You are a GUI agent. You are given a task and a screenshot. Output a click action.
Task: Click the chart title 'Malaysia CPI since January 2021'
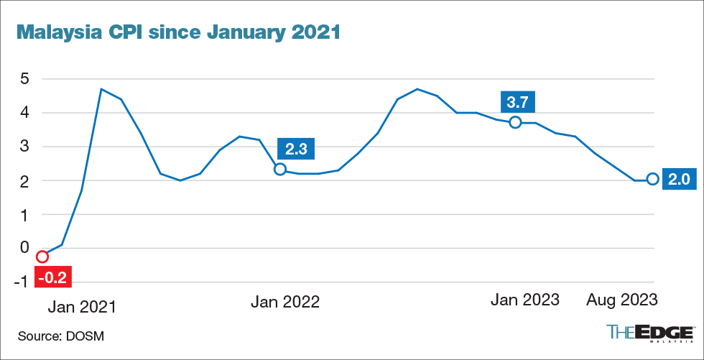pos(177,32)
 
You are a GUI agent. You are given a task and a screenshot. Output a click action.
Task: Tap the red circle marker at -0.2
pos(42,257)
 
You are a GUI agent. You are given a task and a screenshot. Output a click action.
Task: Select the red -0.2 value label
pos(50,275)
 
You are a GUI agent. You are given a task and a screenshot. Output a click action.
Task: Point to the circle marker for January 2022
pos(280,169)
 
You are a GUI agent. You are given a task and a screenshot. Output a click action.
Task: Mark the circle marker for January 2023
pos(515,123)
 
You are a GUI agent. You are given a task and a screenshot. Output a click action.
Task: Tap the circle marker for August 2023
pos(652,179)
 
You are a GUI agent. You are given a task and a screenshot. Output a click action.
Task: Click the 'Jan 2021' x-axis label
pos(81,307)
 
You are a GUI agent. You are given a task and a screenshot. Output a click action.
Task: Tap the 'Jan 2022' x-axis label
pos(285,302)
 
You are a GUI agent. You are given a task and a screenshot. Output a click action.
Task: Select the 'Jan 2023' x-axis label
pos(524,300)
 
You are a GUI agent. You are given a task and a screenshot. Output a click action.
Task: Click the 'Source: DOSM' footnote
pos(66,336)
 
